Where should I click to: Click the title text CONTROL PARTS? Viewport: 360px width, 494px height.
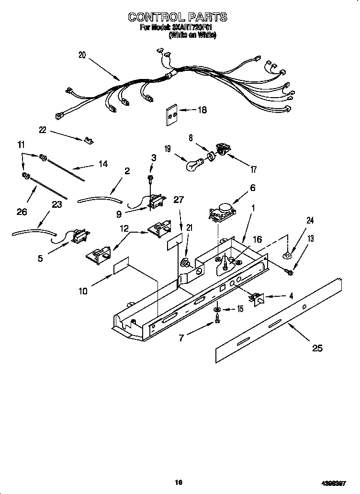coord(177,17)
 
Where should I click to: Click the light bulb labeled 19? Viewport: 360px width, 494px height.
coord(193,166)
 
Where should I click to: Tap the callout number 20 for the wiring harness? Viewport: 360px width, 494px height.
coord(82,55)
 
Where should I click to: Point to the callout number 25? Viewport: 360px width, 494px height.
coord(317,348)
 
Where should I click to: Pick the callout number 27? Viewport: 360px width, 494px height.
coord(179,199)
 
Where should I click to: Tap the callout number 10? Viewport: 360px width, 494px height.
coord(83,291)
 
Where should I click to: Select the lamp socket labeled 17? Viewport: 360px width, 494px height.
coord(223,148)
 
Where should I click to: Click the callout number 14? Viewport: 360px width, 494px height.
coord(102,164)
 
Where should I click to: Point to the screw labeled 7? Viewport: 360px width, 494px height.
coord(217,321)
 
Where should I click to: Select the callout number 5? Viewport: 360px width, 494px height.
coord(40,258)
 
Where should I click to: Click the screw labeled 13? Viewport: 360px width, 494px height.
coord(290,272)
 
